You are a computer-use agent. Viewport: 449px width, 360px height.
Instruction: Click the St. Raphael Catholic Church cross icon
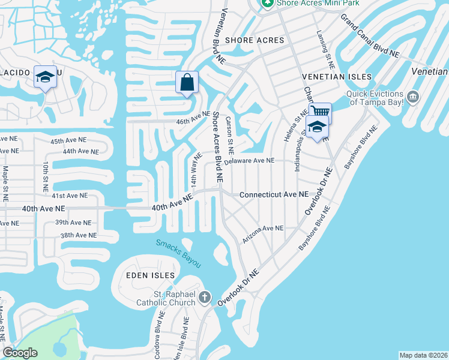(205, 296)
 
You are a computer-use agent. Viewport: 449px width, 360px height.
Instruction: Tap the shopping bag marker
(187, 82)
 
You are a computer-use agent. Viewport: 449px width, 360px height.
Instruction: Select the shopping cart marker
(321, 112)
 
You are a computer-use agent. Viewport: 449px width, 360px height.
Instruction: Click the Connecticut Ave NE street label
(273, 195)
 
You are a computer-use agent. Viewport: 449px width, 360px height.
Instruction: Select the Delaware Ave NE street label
(249, 161)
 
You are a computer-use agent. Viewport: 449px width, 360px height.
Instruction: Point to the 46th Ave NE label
(193, 117)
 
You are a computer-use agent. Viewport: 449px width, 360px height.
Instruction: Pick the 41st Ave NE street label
(66, 196)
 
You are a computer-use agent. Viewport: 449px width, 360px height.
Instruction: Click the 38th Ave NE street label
(78, 235)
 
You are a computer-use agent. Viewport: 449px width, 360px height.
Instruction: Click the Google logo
(20, 353)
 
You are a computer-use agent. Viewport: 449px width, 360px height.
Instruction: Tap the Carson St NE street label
(229, 135)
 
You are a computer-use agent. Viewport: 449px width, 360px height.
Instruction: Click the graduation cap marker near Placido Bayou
(44, 77)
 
